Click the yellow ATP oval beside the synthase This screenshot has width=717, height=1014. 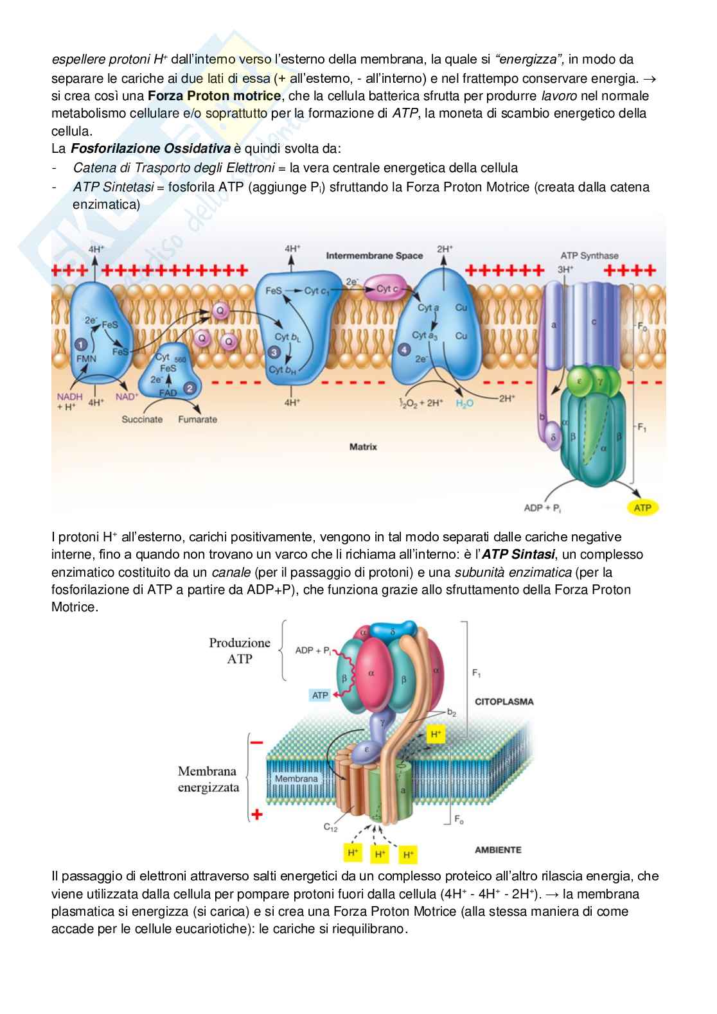coord(642,508)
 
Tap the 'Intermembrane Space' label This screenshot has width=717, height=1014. coord(374,256)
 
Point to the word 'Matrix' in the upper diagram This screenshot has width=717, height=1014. coord(363,446)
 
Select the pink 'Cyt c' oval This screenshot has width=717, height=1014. coord(387,290)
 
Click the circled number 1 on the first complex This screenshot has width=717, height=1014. coord(82,344)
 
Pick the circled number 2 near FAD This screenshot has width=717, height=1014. coord(190,389)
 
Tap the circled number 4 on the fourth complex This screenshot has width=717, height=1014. coord(404,349)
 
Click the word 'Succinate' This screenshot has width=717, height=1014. coord(142,419)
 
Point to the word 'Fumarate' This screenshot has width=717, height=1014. coord(197,419)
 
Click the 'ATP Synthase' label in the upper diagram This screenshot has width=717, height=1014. coord(589,255)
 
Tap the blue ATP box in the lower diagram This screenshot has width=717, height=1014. coord(320,695)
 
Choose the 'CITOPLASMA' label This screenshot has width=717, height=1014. coord(504,701)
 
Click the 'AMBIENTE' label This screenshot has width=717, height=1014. coord(498,850)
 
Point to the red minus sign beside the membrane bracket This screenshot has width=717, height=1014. coord(256,742)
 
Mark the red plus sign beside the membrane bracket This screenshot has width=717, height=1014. coord(256,815)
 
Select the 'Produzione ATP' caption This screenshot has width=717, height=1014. coord(239,651)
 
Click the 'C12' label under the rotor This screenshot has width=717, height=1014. coord(330,828)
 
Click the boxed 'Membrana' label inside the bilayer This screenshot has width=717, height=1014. coord(296,779)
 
